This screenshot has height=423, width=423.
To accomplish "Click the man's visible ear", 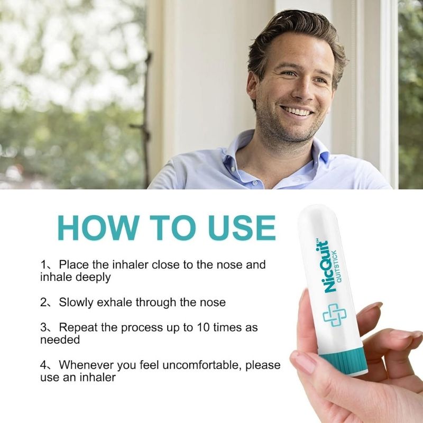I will [252, 89].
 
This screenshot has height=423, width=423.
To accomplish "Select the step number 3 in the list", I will [43, 327].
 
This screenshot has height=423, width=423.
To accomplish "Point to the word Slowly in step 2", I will [76, 302].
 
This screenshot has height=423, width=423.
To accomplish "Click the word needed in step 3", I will [60, 340].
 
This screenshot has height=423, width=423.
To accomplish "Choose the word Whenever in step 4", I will [85, 365].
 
